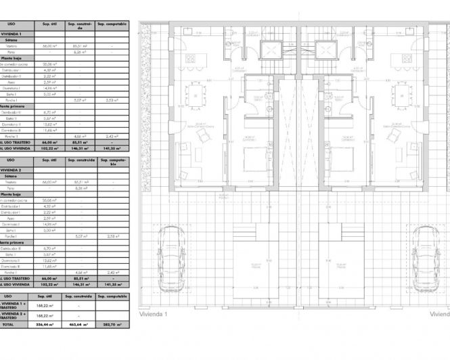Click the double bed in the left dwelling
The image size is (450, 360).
[x=256, y=160]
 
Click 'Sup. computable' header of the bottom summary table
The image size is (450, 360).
[x=112, y=296]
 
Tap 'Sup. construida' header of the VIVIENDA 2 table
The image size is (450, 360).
[x=80, y=162]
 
